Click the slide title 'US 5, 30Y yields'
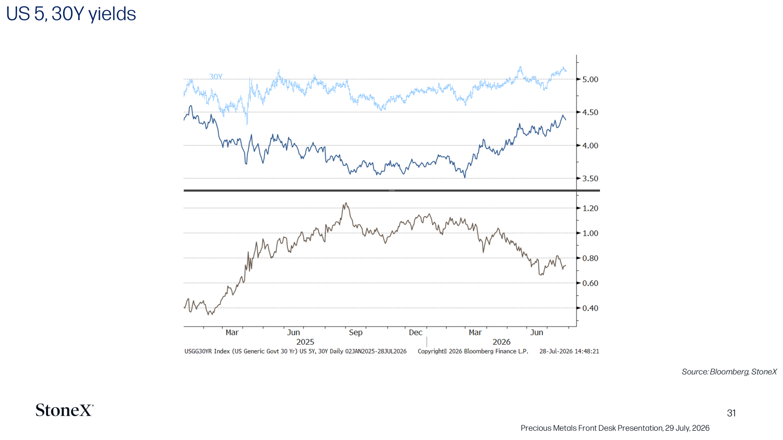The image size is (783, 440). [x=71, y=14]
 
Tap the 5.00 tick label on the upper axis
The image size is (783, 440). [x=590, y=79]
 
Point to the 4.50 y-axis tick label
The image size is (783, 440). [x=590, y=112]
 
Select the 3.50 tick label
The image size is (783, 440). [x=590, y=178]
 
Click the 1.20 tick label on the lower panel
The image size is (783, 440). [x=590, y=208]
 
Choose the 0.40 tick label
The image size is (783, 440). [x=590, y=308]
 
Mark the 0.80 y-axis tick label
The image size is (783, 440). [x=590, y=258]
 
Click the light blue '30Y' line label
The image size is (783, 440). [x=216, y=76]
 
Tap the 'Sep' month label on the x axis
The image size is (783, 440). [x=355, y=332]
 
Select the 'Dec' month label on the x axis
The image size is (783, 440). [x=415, y=332]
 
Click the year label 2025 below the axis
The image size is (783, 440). [x=305, y=342]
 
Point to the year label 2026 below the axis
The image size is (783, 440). [x=502, y=342]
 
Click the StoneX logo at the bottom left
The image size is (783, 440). [x=64, y=410]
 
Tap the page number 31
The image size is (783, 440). [x=731, y=413]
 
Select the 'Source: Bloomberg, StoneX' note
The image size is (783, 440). [x=729, y=372]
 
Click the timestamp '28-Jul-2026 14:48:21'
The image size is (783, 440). [x=569, y=352]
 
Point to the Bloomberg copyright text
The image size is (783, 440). [x=473, y=352]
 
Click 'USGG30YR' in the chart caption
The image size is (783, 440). [x=198, y=352]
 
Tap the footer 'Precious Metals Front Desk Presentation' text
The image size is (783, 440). [x=592, y=428]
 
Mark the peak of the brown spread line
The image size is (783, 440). [x=345, y=203]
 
